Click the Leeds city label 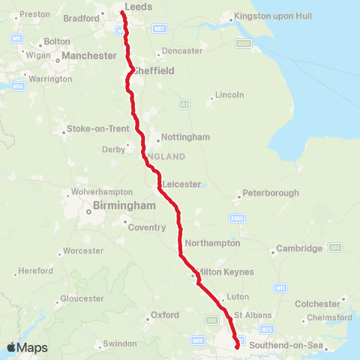(x=139, y=7)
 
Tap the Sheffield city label (x=154, y=70)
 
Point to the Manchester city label (x=89, y=55)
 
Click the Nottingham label (x=184, y=137)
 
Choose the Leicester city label (x=182, y=184)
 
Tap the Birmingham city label (x=123, y=205)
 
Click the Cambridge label (x=299, y=248)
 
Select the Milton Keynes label (x=224, y=271)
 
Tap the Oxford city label (x=165, y=315)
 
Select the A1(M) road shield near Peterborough (x=238, y=218)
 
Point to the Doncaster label (x=181, y=51)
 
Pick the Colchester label (x=318, y=304)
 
